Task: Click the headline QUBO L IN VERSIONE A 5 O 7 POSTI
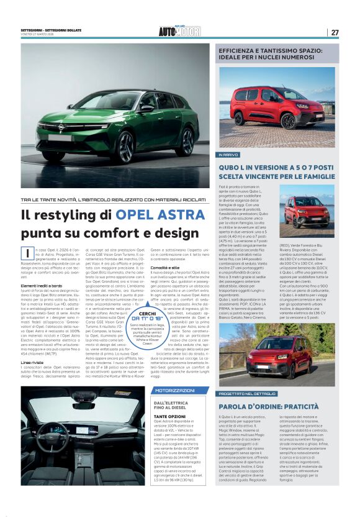point(276,171)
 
